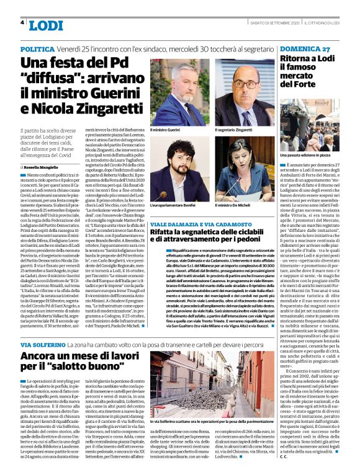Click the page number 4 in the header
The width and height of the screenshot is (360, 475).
pos(22,23)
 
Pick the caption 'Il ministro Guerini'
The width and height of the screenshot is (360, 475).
pos(165,130)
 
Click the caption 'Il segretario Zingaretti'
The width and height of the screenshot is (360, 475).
pos(235,130)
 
